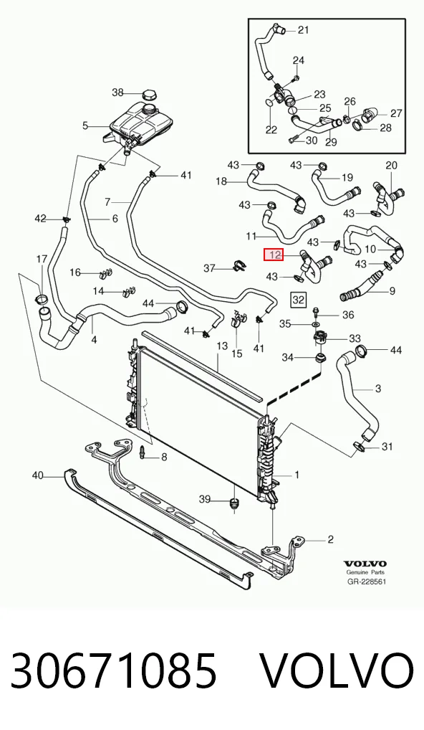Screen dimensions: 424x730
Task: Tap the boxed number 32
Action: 298,300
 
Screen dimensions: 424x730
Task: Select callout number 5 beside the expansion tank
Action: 85,125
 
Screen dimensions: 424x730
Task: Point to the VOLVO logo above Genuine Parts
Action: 366,564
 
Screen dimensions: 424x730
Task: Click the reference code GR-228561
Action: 367,582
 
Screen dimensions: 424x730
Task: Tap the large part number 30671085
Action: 113,670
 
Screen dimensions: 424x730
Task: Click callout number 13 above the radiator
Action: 222,346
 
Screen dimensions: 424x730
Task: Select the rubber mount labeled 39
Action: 234,504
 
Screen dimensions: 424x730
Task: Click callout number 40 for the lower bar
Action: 38,475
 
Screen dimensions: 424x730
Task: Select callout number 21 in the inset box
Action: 303,30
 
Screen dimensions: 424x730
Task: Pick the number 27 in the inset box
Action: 396,113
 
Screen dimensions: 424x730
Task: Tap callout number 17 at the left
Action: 42,259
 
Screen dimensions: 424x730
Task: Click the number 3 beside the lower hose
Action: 377,388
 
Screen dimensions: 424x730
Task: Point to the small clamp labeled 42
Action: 67,218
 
